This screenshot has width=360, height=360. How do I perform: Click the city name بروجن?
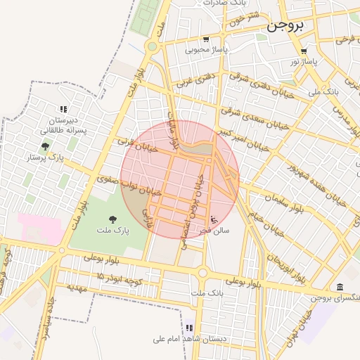[286, 27]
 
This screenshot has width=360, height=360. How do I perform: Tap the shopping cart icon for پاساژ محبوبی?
[206, 39]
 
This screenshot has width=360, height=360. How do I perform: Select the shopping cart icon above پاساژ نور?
[303, 51]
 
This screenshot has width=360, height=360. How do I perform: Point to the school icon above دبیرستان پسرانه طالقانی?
[63, 109]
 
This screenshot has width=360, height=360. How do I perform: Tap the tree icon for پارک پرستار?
[46, 146]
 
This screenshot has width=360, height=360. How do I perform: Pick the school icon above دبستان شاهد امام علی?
[189, 328]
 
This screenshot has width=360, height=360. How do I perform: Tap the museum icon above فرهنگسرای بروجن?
[340, 288]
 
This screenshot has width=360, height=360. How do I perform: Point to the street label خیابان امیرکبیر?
[243, 139]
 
